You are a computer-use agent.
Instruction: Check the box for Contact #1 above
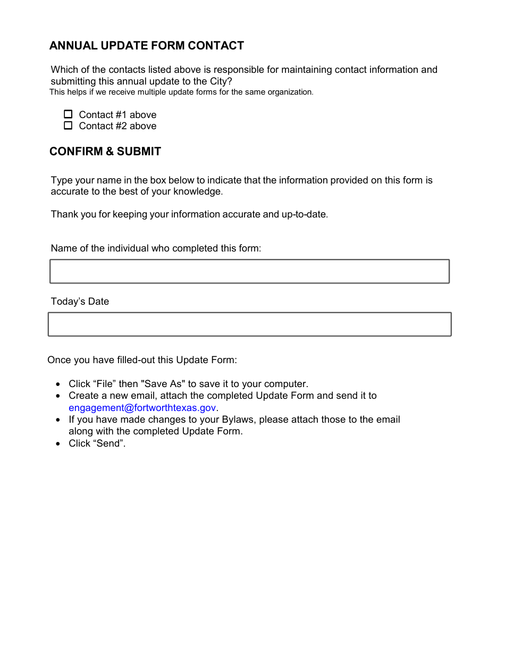(x=68, y=114)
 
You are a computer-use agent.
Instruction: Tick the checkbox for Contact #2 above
(x=68, y=125)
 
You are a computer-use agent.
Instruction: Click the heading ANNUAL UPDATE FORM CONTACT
(x=147, y=46)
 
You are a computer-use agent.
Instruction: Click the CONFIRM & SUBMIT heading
(x=105, y=152)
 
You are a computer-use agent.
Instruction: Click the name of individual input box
(x=249, y=271)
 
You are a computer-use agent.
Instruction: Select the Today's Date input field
(x=249, y=324)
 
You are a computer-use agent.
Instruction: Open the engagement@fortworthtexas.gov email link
(x=142, y=408)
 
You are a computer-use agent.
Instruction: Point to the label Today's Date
(x=80, y=301)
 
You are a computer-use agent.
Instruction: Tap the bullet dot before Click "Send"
(x=58, y=443)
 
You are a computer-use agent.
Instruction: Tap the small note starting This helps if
(x=181, y=92)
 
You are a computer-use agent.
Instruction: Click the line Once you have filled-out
(x=142, y=360)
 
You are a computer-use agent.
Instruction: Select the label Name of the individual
(x=156, y=248)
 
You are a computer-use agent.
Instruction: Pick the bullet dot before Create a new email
(x=58, y=396)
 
